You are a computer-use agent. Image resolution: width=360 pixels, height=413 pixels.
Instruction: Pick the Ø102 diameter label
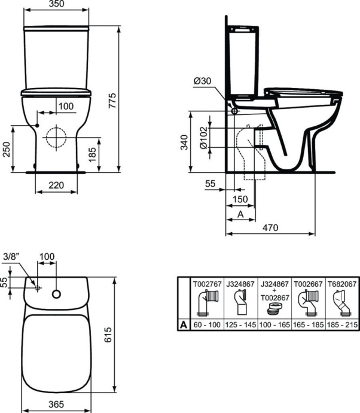[x=203, y=139]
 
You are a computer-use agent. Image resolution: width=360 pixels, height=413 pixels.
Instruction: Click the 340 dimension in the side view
[x=185, y=142]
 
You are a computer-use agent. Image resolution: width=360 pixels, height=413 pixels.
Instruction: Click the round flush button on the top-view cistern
[x=57, y=294]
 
